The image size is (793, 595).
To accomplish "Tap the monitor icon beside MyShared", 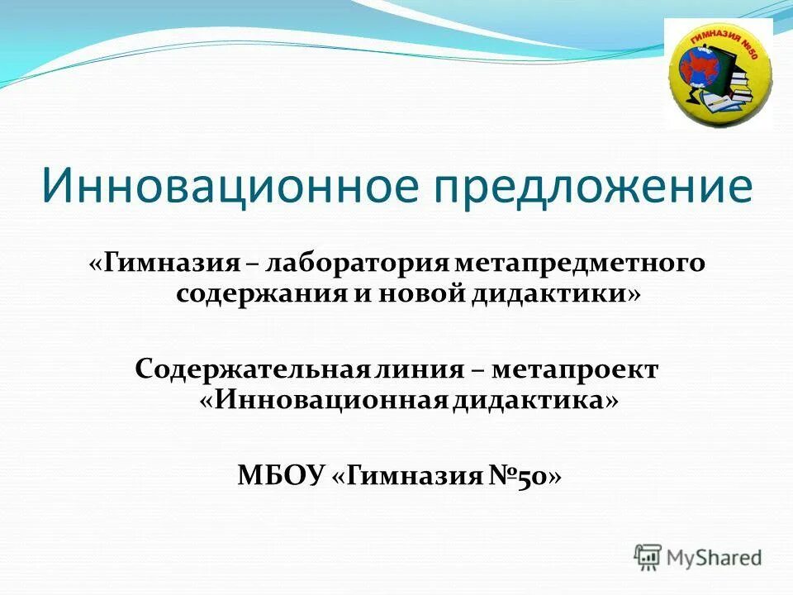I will (x=648, y=556).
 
